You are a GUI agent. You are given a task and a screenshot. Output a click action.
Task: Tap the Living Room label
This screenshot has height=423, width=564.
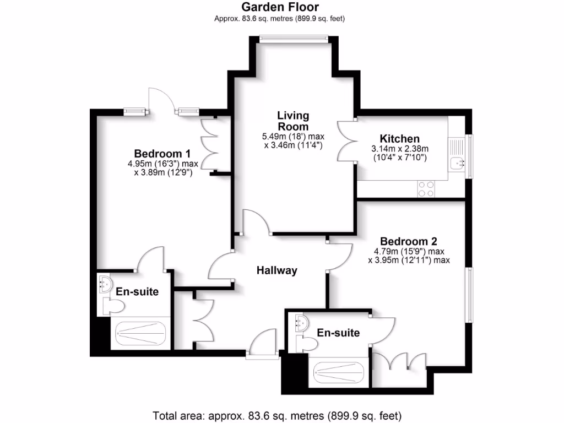point(293,121)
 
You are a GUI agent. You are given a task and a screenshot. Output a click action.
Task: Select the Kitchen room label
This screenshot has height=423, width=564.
point(400,139)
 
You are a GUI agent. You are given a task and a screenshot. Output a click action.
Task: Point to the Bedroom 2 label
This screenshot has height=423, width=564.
point(409,241)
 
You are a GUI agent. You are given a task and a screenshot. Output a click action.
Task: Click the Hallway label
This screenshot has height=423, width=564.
point(277,270)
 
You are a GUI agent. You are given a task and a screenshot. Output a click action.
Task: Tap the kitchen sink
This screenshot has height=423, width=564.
point(457,163)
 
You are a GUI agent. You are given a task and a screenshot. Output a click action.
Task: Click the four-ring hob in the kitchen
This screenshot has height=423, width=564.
point(425,189)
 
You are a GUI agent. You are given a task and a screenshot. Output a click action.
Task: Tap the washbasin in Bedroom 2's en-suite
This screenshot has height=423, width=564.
point(300,322)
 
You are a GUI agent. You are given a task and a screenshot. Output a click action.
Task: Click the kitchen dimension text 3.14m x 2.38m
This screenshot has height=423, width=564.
point(400,149)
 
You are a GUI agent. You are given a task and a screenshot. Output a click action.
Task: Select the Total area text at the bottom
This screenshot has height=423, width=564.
point(281,414)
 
